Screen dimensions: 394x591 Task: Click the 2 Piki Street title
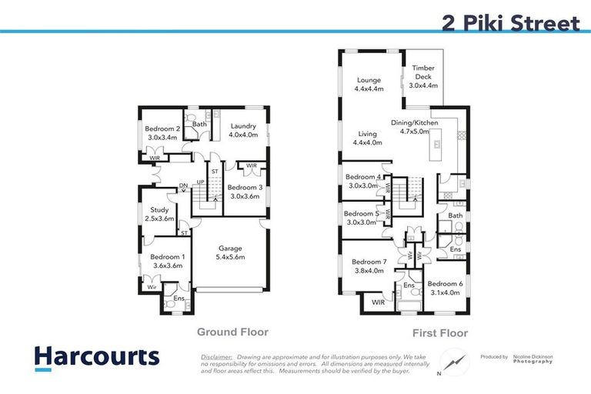tap(510, 22)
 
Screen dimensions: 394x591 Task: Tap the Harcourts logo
tap(96, 356)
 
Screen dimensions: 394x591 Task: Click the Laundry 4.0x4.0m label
tap(244, 130)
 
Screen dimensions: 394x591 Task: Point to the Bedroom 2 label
tap(163, 133)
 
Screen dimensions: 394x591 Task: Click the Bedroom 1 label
tap(167, 261)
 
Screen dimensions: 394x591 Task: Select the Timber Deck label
tap(423, 76)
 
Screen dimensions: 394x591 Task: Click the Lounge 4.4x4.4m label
tap(369, 84)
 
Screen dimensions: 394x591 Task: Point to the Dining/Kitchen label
tap(414, 127)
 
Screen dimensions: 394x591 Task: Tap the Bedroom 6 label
tap(445, 287)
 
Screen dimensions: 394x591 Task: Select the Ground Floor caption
tap(232, 332)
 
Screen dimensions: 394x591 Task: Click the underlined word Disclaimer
tap(215, 358)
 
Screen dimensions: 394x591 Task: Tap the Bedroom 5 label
tap(360, 218)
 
